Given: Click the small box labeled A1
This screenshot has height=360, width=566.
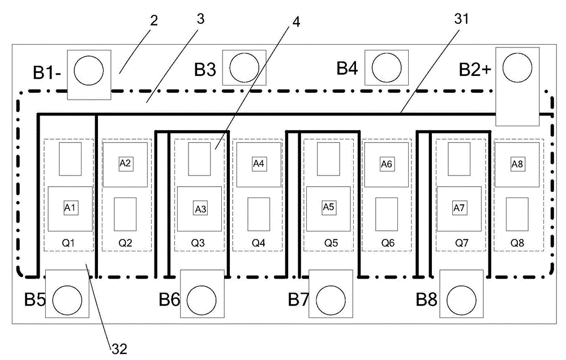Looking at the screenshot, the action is pyautogui.click(x=70, y=208).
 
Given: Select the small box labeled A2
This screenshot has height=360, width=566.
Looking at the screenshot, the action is pyautogui.click(x=125, y=164).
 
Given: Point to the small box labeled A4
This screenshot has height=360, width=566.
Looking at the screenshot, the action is pyautogui.click(x=259, y=164).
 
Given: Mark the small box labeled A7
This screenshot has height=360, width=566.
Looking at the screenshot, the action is pyautogui.click(x=459, y=208).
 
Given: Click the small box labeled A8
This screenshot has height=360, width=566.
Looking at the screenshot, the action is pyautogui.click(x=517, y=164).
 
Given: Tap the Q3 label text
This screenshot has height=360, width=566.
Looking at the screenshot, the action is pyautogui.click(x=198, y=243).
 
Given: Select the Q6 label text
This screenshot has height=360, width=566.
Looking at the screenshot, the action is pyautogui.click(x=388, y=243).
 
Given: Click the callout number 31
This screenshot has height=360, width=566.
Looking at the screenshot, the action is pyautogui.click(x=461, y=19).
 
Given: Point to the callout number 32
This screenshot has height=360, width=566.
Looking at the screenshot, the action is pyautogui.click(x=119, y=349).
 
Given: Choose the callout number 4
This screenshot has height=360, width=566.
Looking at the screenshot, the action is pyautogui.click(x=296, y=22).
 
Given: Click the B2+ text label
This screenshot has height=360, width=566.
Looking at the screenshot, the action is pyautogui.click(x=475, y=69).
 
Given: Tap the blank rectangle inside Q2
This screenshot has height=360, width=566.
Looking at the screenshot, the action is pyautogui.click(x=125, y=214).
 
